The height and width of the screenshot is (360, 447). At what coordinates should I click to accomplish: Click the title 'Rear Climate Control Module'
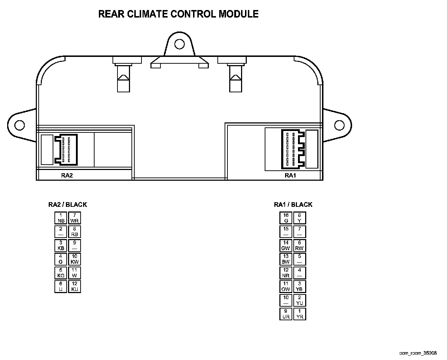click(x=178, y=14)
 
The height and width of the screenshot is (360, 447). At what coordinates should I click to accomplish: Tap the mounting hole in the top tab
click(x=179, y=44)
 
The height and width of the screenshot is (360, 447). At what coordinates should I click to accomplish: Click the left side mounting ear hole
click(x=20, y=125)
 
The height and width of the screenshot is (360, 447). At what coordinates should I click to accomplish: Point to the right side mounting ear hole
click(x=339, y=125)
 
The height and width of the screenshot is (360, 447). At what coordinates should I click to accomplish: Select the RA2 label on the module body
click(x=67, y=175)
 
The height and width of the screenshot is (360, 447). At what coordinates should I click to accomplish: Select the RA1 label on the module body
click(x=290, y=175)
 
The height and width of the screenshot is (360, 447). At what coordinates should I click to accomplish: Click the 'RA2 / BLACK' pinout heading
click(x=68, y=205)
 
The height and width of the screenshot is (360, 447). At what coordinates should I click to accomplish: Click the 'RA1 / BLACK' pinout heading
click(x=293, y=205)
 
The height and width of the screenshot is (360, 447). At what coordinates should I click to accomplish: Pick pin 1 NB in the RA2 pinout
click(x=61, y=218)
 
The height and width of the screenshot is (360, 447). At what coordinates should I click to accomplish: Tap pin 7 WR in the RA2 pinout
click(x=74, y=218)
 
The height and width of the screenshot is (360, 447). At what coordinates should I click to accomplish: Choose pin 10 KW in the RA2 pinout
click(x=74, y=259)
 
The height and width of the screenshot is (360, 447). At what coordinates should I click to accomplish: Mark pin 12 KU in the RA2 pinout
click(x=74, y=286)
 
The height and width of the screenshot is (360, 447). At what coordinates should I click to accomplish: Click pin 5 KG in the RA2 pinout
click(x=61, y=273)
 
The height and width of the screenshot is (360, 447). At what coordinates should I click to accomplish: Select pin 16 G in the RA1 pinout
click(x=286, y=218)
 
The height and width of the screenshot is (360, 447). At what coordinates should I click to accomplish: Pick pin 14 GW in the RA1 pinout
click(x=286, y=245)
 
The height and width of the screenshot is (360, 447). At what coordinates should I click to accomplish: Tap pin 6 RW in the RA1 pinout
click(x=299, y=245)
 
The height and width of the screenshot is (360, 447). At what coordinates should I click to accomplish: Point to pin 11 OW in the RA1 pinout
click(x=286, y=286)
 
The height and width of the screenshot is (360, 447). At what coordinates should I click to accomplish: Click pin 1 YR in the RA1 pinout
click(x=299, y=314)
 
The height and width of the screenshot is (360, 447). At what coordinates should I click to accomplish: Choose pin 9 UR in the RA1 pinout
click(x=286, y=314)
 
